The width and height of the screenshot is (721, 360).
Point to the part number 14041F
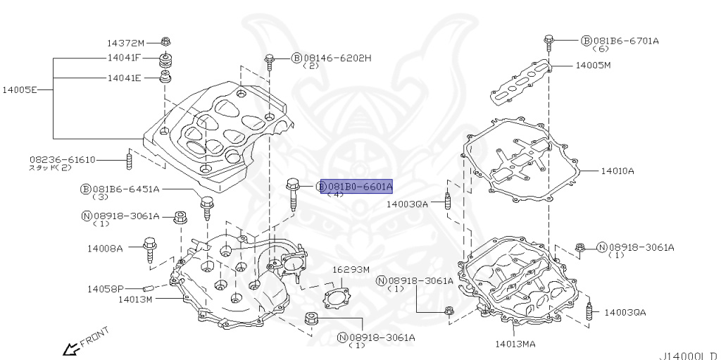coord(124,58)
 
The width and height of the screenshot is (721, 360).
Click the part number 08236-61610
coord(62,159)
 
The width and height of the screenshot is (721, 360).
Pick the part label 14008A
coord(105,248)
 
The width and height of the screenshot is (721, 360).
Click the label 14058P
coord(105,289)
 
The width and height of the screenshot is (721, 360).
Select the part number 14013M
coord(134,299)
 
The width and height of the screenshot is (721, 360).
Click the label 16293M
coord(351,269)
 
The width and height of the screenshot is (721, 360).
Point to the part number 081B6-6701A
coord(625,41)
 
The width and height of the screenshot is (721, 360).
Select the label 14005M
coord(593,65)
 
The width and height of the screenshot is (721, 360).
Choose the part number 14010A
coord(617,170)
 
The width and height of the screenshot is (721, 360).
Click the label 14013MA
coord(515,344)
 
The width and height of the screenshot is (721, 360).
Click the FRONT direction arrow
coord(71,347)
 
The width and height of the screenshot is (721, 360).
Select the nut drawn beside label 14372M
coord(165,41)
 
